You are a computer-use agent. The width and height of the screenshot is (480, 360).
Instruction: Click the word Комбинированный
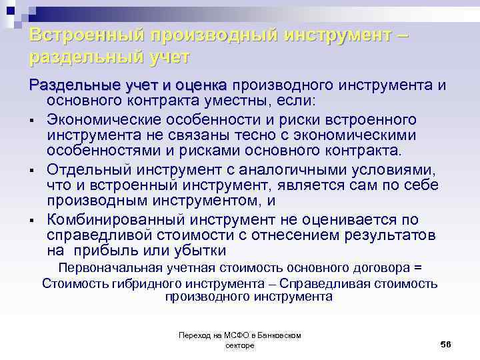[117, 220]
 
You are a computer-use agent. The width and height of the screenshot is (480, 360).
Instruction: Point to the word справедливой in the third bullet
[99, 235]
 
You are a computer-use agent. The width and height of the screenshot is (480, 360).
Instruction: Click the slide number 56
[446, 343]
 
